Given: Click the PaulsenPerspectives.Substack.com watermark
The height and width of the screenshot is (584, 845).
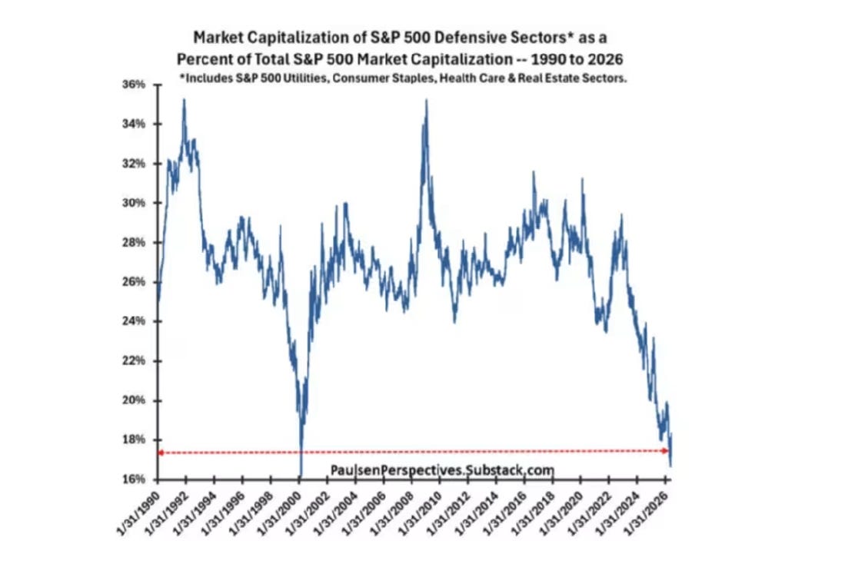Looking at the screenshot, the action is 442,470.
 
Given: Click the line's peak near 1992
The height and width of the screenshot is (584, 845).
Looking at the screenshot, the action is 185,100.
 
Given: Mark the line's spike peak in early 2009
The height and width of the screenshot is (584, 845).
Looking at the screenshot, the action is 427,100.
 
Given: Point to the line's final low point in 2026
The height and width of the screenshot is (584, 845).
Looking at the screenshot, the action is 670,466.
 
